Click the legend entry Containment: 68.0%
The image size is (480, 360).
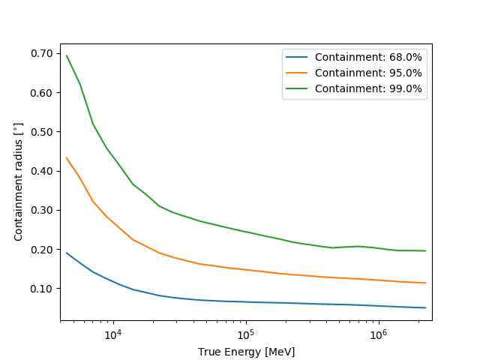tap(368, 57)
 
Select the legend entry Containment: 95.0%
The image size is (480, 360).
tap(368, 73)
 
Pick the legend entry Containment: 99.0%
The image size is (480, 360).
tap(368, 88)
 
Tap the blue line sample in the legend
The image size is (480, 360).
tap(298, 57)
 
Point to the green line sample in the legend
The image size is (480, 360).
tap(298, 88)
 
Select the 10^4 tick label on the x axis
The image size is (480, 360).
tap(112, 334)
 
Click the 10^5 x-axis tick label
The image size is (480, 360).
tap(245, 334)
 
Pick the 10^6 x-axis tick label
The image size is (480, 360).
tap(377, 334)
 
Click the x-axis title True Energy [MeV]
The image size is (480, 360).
tap(246, 352)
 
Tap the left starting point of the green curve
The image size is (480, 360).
tap(67, 55)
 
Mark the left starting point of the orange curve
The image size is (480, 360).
tap(67, 158)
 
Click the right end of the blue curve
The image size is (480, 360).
tap(425, 307)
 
